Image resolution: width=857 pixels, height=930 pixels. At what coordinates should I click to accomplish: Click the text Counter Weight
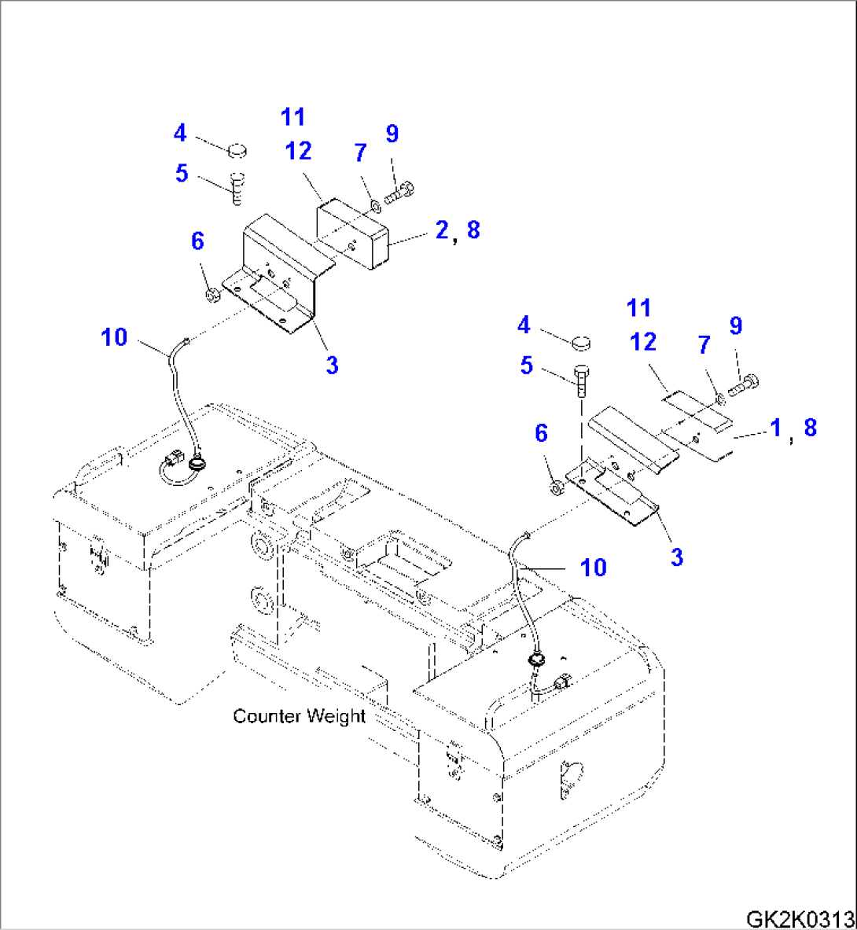[299, 716]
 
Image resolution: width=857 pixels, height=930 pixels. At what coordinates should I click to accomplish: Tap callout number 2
[441, 230]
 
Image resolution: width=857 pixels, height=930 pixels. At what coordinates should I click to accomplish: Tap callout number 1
[775, 428]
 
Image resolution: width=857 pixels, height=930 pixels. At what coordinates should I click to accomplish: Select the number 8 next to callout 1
[810, 428]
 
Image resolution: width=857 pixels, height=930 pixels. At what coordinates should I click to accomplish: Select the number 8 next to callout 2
[473, 230]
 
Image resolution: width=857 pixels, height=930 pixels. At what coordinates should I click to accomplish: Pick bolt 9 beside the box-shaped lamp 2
[400, 192]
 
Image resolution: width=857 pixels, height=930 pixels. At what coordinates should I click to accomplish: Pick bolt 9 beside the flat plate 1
[743, 384]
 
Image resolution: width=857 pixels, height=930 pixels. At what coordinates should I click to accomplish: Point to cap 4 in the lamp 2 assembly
[238, 149]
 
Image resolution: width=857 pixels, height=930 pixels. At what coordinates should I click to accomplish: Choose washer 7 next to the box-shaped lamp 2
[374, 206]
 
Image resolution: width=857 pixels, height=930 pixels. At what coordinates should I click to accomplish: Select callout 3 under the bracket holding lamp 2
[332, 365]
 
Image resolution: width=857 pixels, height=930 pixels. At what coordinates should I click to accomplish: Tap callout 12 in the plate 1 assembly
[642, 342]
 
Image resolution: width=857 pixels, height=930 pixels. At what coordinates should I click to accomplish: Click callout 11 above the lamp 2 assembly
[292, 117]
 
